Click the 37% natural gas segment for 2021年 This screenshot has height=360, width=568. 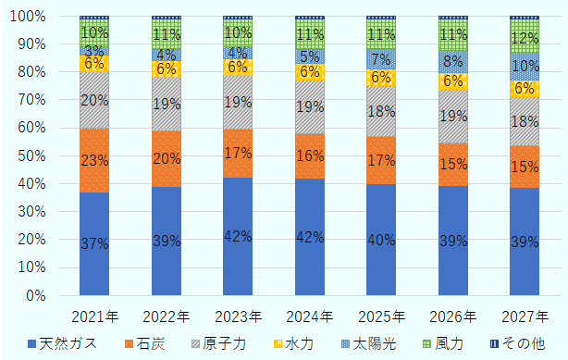(94, 243)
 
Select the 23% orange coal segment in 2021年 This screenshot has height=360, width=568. (94, 160)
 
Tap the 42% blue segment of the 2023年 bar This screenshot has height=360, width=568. (238, 236)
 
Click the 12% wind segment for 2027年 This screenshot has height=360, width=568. (525, 37)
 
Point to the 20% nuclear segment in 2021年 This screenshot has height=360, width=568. (94, 100)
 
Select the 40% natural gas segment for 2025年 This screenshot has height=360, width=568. (381, 240)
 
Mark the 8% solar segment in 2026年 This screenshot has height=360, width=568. (453, 62)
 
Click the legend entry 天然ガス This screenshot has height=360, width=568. (61, 344)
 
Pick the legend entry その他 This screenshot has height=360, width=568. (517, 344)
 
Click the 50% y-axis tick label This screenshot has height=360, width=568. (37, 155)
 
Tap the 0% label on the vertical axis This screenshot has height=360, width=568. (41, 295)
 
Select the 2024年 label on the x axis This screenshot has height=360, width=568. (310, 316)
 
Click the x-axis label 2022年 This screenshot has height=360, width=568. (167, 316)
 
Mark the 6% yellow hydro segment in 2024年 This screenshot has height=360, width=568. (310, 72)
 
